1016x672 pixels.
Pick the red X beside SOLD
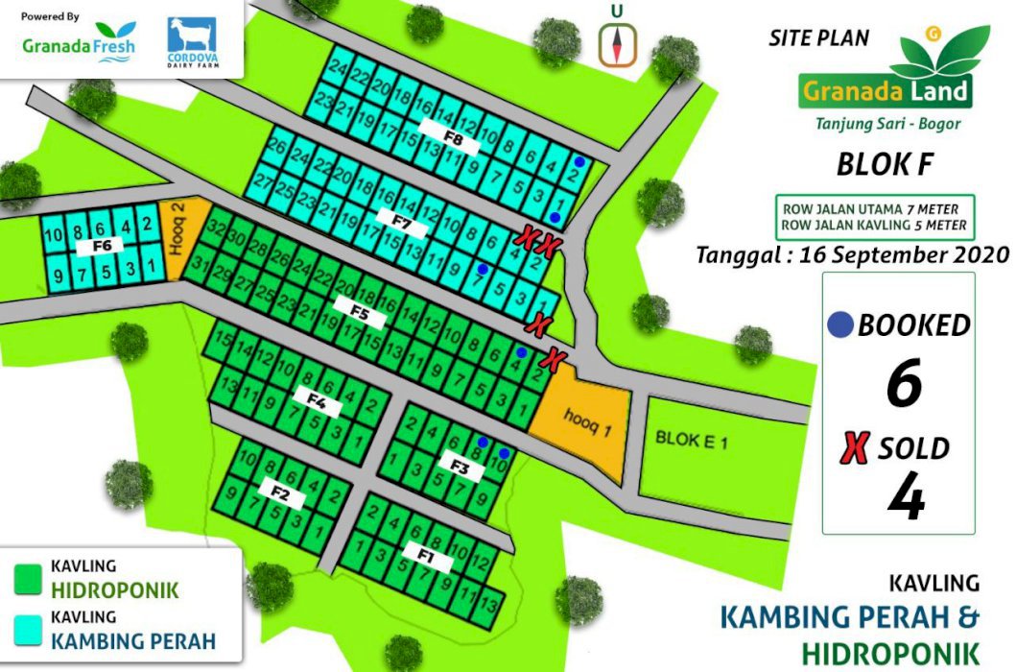click(855, 448)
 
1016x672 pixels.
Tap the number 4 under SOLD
click(905, 499)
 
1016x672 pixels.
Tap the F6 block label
click(103, 246)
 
